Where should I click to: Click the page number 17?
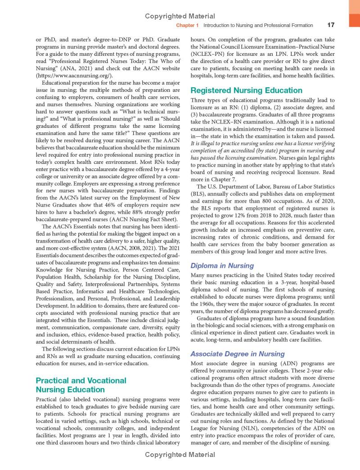pyautogui.click(x=331, y=25)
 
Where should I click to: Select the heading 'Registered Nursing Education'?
pyautogui.click(x=247, y=90)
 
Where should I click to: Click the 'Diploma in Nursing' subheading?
pyautogui.click(x=222, y=266)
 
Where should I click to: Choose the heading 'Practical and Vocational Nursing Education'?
pyautogui.click(x=81, y=385)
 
